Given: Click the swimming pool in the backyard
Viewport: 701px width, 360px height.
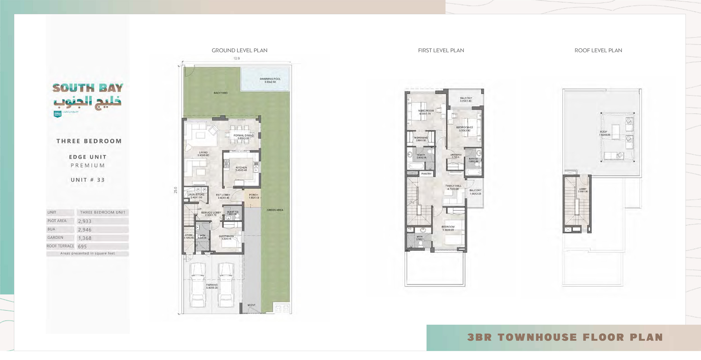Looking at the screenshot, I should (x=265, y=79).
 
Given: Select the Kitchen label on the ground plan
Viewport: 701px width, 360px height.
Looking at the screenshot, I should (x=241, y=169).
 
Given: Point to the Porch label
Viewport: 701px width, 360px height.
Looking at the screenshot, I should (x=253, y=196).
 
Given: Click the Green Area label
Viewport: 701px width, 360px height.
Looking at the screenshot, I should (x=275, y=210).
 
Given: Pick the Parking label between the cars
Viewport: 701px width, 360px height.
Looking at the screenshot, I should (x=212, y=286).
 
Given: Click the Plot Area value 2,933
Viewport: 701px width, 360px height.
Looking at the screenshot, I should (x=85, y=221).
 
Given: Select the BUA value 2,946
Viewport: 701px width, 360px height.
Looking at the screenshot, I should (x=85, y=230).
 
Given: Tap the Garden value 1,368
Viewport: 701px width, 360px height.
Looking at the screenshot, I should (x=85, y=238).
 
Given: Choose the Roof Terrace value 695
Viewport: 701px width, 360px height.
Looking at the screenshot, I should (x=82, y=246).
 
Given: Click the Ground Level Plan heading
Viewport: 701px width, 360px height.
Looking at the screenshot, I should (x=239, y=50).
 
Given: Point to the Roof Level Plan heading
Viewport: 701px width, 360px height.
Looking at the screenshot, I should (x=598, y=50).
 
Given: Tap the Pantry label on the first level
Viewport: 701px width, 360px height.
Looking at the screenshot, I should (x=426, y=174).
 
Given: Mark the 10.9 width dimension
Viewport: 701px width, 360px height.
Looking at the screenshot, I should (x=237, y=58).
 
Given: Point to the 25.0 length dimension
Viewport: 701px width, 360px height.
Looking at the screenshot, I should (x=176, y=190).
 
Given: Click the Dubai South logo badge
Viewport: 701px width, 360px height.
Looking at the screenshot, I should (x=57, y=114).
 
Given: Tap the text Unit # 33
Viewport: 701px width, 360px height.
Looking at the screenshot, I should (x=87, y=180).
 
